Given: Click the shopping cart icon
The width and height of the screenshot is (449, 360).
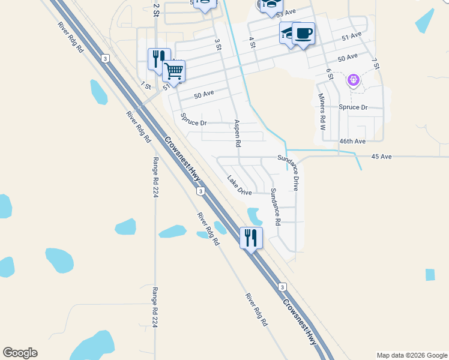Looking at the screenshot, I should [x=173, y=71].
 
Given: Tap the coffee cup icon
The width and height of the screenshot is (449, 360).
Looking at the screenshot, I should [x=303, y=33].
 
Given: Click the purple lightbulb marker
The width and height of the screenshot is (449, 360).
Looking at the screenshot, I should [x=354, y=79].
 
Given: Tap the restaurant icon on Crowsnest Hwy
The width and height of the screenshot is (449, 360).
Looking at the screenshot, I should [x=251, y=238].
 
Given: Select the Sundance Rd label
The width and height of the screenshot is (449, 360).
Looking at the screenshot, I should [x=276, y=206].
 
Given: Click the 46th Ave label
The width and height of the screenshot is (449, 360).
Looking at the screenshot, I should [x=352, y=141].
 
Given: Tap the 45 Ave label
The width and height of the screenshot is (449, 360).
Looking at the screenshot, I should [x=381, y=157].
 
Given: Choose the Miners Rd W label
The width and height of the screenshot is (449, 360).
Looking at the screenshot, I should [x=322, y=112].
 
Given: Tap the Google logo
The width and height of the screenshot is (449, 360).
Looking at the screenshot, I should [x=20, y=353].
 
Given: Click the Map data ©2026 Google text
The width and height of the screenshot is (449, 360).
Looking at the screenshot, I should [x=411, y=355].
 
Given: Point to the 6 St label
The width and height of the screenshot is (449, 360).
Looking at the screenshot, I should [x=330, y=73].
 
